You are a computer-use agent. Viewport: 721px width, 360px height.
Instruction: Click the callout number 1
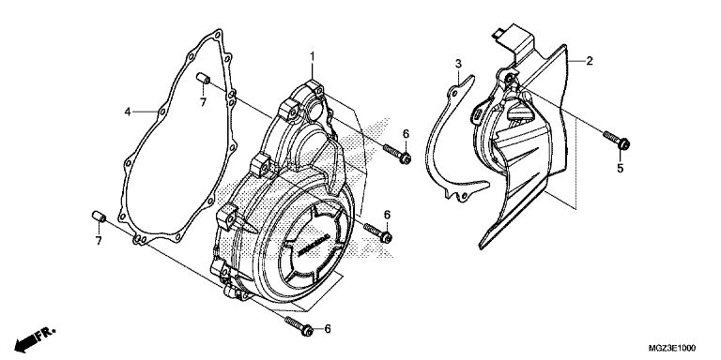click(x=313, y=57)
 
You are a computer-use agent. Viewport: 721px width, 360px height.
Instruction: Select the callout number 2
click(x=589, y=61)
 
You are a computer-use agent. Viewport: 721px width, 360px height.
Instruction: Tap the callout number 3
click(x=458, y=64)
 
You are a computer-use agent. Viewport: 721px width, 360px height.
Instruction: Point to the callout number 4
click(x=128, y=112)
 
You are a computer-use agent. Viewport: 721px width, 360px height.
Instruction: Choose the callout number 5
click(x=621, y=169)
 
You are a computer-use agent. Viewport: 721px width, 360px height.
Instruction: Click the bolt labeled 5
click(x=617, y=140)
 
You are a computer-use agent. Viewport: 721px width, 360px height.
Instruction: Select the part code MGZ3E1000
click(x=672, y=347)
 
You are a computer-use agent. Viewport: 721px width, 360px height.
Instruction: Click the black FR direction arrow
click(x=26, y=342)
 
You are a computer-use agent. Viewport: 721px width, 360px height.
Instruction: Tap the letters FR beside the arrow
click(x=46, y=334)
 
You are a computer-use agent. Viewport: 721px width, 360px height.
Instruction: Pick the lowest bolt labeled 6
click(x=299, y=325)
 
